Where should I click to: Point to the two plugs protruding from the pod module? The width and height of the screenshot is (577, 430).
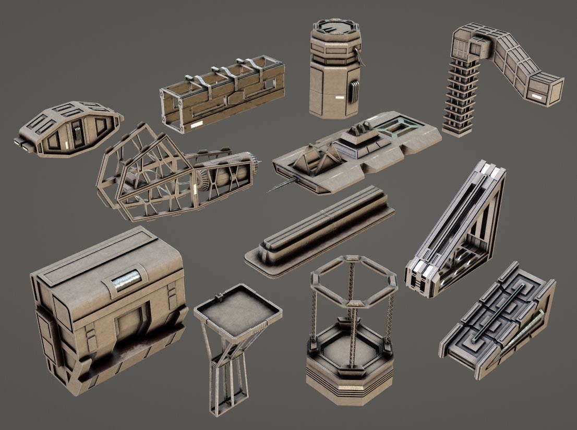tap(21, 144)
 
